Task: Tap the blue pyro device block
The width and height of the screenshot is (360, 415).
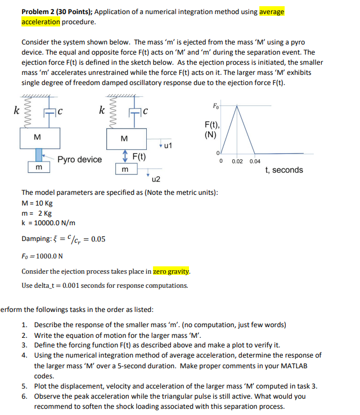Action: (x=39, y=154)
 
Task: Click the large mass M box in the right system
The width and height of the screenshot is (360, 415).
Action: (x=124, y=138)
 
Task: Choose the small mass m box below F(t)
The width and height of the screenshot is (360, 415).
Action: (x=124, y=169)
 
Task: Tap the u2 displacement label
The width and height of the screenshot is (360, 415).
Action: (x=156, y=180)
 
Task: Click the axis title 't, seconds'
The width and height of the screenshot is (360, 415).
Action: (x=284, y=170)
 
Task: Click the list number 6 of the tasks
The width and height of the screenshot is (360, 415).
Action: (x=25, y=396)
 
